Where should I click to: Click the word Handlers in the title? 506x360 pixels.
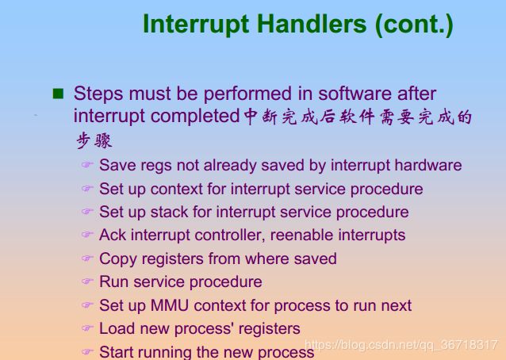click(312, 24)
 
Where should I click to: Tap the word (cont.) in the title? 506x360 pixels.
click(414, 25)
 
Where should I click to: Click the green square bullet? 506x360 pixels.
click(58, 94)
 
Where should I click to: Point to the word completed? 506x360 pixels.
click(195, 116)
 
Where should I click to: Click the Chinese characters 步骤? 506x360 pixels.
click(94, 140)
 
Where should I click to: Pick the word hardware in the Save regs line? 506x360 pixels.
click(428, 165)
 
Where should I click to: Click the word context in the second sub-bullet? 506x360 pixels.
click(177, 189)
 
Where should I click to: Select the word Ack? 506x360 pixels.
click(113, 235)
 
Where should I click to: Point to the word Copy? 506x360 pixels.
click(118, 259)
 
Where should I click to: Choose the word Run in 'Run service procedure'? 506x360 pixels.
click(114, 281)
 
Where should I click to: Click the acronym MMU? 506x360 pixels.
click(170, 305)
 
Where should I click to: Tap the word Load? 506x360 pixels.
click(117, 328)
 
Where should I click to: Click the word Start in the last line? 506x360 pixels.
click(116, 351)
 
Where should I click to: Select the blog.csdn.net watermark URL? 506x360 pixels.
click(401, 345)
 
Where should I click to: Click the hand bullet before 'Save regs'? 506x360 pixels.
click(87, 164)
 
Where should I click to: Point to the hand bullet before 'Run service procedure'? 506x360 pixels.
click(87, 281)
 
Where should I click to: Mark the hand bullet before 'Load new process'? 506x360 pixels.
click(87, 327)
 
